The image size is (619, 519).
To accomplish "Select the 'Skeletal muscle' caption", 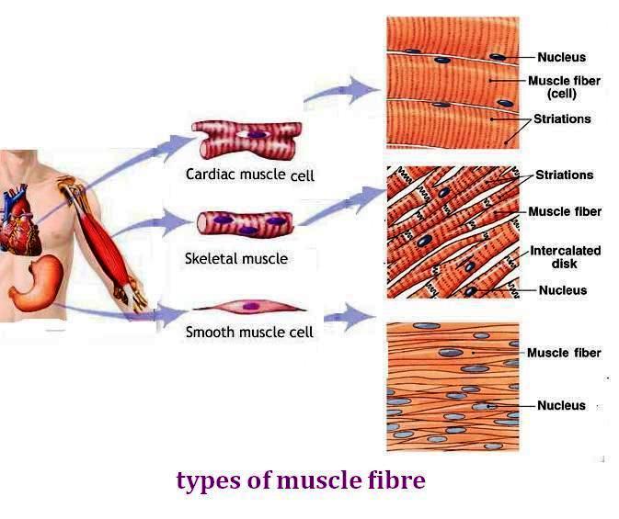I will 236,259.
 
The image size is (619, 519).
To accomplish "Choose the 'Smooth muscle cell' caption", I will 249,332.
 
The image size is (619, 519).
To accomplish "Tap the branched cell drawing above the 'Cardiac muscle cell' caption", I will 248,141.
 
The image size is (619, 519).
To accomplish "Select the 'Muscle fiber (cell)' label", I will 564,86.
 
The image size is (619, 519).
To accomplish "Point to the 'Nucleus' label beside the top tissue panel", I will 561,57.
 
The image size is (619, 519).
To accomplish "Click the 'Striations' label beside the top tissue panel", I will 562,119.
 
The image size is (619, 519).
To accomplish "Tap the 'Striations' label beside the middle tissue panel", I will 564,175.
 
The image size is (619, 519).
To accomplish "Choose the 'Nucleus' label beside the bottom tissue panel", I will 561,405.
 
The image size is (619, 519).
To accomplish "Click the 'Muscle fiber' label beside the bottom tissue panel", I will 564,353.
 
